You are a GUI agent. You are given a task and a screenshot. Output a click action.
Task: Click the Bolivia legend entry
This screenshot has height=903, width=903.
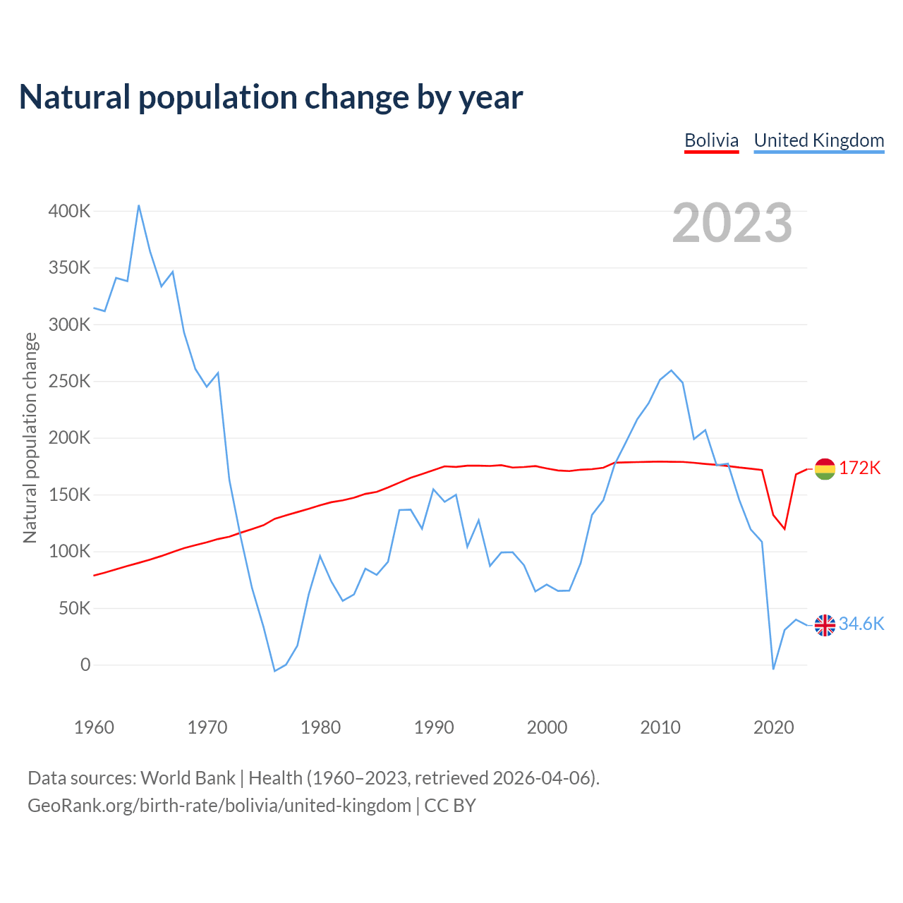click(711, 140)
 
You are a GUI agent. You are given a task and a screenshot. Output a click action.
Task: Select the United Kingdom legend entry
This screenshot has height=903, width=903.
click(818, 140)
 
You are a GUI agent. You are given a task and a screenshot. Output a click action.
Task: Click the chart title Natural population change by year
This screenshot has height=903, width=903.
click(271, 97)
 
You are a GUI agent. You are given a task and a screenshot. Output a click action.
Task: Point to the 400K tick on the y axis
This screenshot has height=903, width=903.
click(69, 211)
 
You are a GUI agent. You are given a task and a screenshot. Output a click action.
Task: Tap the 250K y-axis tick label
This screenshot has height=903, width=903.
click(69, 382)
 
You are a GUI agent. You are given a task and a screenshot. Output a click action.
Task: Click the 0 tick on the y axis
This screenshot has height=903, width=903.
click(85, 665)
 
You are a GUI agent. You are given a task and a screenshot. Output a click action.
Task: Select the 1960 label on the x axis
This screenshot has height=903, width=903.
click(94, 727)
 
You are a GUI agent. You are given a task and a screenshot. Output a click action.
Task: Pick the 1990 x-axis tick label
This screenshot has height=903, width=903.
click(434, 727)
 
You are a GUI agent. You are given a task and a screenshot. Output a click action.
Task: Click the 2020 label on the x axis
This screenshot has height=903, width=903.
click(774, 727)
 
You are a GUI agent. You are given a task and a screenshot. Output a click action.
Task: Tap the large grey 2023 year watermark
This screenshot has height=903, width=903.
click(732, 223)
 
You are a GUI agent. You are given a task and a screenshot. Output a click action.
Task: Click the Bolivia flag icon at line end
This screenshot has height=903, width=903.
click(825, 468)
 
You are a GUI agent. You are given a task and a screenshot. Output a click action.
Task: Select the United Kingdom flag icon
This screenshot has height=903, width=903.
click(825, 624)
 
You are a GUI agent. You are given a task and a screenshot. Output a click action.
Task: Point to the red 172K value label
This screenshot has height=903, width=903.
click(860, 468)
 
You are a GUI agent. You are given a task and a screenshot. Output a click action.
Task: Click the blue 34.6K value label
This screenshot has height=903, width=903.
click(861, 624)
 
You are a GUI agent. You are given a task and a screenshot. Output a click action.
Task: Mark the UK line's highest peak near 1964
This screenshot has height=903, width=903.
click(139, 205)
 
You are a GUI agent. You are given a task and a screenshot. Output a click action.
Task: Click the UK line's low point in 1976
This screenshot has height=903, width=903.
click(274, 671)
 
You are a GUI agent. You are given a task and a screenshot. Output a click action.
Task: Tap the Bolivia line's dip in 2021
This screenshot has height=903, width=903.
click(784, 529)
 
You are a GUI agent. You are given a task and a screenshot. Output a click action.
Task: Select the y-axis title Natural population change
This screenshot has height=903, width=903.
click(30, 437)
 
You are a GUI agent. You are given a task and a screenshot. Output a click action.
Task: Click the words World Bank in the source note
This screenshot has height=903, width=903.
click(188, 778)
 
